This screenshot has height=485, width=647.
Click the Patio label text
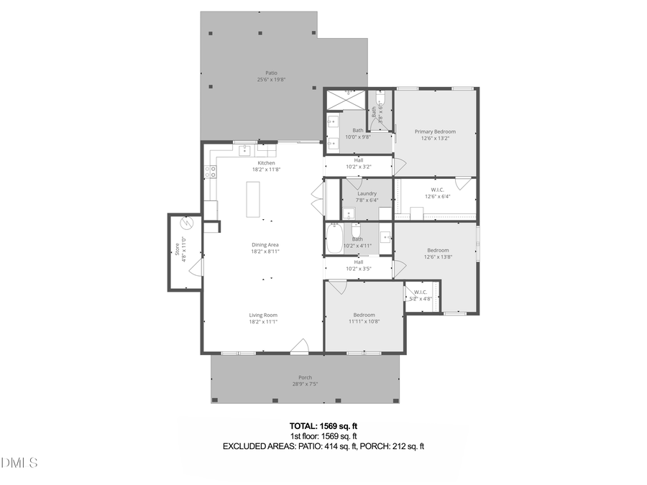[x=271, y=73]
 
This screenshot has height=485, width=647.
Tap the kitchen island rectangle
[x=252, y=199]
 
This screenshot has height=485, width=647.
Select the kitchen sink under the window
[x=244, y=150]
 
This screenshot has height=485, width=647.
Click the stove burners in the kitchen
[x=212, y=171]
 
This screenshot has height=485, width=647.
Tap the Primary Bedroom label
[x=435, y=131]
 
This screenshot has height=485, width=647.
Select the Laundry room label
[x=367, y=193]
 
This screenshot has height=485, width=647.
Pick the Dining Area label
[x=265, y=245]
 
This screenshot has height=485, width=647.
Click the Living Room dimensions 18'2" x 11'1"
[x=263, y=322]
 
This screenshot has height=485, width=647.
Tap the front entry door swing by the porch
[x=299, y=346]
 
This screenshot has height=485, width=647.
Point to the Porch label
[x=306, y=377]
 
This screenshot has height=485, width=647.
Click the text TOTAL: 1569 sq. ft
[x=323, y=425]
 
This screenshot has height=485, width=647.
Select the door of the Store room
[x=197, y=267]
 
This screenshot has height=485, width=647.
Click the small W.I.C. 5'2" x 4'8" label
[x=420, y=295]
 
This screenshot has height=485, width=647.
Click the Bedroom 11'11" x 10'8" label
[x=364, y=318]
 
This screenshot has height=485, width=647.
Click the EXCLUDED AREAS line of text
[x=323, y=446]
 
